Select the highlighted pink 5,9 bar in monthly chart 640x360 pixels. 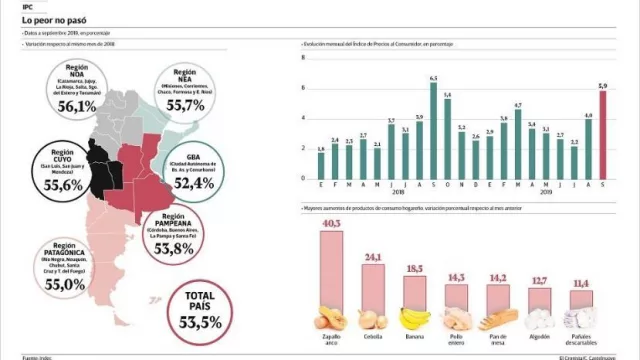pos(602,135)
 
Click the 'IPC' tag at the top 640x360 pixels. pos(15,6)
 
